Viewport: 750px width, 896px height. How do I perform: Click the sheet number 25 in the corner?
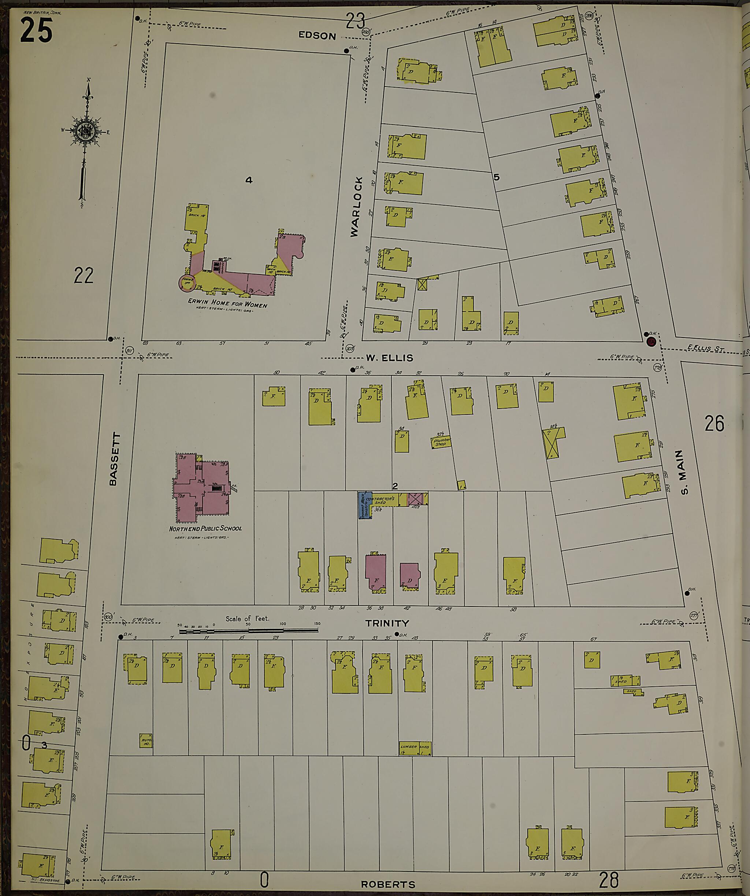click(x=36, y=31)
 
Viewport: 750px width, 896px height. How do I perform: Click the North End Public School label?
click(x=205, y=528)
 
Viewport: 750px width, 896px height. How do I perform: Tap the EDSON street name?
click(x=317, y=36)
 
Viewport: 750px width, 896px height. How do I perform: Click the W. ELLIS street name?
click(x=389, y=358)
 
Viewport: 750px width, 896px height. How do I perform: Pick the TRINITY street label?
click(x=387, y=623)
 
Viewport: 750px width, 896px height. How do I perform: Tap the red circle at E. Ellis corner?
click(x=651, y=341)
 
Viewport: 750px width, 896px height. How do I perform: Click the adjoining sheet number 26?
click(x=714, y=424)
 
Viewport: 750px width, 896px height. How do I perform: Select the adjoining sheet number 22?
click(x=83, y=275)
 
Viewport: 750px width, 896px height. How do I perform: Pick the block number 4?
click(x=249, y=180)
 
